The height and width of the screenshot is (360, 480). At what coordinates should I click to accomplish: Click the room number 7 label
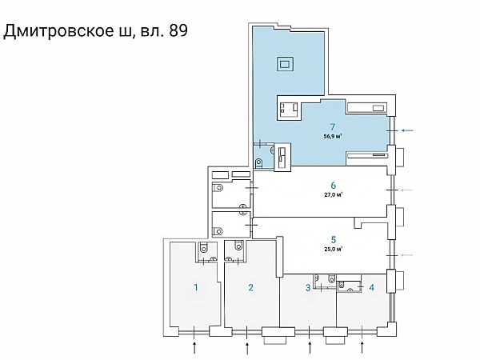coord(333,126)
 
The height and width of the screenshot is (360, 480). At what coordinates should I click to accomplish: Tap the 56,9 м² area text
coord(333,136)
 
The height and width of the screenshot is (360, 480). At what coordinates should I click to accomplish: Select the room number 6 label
coord(333,186)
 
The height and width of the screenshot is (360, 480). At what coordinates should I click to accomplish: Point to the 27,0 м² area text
coord(334,194)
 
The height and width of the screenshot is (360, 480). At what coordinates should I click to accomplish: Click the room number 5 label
coord(334,240)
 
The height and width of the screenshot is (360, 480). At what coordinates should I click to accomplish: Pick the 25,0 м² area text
coord(334,249)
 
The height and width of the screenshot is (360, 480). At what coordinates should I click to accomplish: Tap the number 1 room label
coord(196,287)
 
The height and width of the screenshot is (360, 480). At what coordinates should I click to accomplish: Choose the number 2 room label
coord(250,287)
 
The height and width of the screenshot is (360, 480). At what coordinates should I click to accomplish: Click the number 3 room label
coord(308,287)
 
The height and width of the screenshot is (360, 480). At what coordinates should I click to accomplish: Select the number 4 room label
coord(372,287)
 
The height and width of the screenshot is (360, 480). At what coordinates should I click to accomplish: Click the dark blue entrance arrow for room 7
coord(407,130)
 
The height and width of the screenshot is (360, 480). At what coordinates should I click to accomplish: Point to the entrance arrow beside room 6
coord(407,190)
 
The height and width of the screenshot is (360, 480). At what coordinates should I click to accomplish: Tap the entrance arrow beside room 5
coord(407,254)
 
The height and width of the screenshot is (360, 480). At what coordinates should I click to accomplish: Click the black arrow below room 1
coord(194,348)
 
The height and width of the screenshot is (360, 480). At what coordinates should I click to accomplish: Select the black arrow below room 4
coord(362,348)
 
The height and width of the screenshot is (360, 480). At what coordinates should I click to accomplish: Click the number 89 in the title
coord(178,30)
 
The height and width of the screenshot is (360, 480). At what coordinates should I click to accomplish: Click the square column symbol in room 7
coord(285,64)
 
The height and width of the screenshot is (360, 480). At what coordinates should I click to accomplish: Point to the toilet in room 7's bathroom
coord(258,163)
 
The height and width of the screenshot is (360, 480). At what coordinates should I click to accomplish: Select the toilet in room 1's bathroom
coord(203,247)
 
